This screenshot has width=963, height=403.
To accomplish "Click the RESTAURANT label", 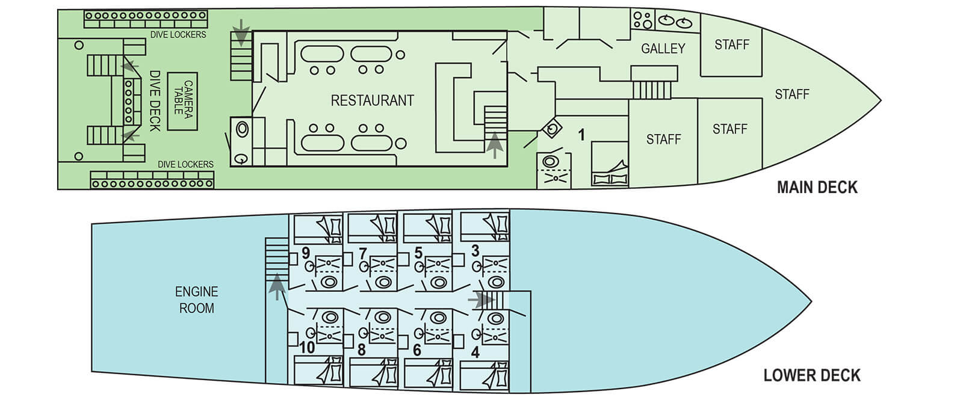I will (x=372, y=100).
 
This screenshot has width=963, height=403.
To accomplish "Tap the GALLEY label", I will (x=663, y=49).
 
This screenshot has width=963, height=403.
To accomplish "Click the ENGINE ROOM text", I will (x=196, y=300).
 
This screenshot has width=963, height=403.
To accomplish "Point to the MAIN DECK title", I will (x=817, y=187).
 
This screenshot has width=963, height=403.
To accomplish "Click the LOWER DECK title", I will (x=811, y=375).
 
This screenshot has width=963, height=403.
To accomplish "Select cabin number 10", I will (x=307, y=348).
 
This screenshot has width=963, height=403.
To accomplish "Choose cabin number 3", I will (x=475, y=251).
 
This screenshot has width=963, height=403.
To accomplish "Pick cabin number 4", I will (x=475, y=352).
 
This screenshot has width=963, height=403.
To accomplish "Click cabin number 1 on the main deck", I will (x=581, y=135).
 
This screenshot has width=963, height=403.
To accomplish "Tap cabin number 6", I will (x=417, y=349).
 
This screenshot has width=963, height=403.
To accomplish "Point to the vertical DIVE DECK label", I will (x=155, y=101).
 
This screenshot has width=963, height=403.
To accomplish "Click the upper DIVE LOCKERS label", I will (x=178, y=35).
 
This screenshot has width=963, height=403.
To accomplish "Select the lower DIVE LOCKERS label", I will (x=185, y=164).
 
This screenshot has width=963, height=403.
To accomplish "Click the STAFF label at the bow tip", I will (x=791, y=94).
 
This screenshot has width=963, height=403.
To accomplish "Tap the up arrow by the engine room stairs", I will (x=276, y=286).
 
